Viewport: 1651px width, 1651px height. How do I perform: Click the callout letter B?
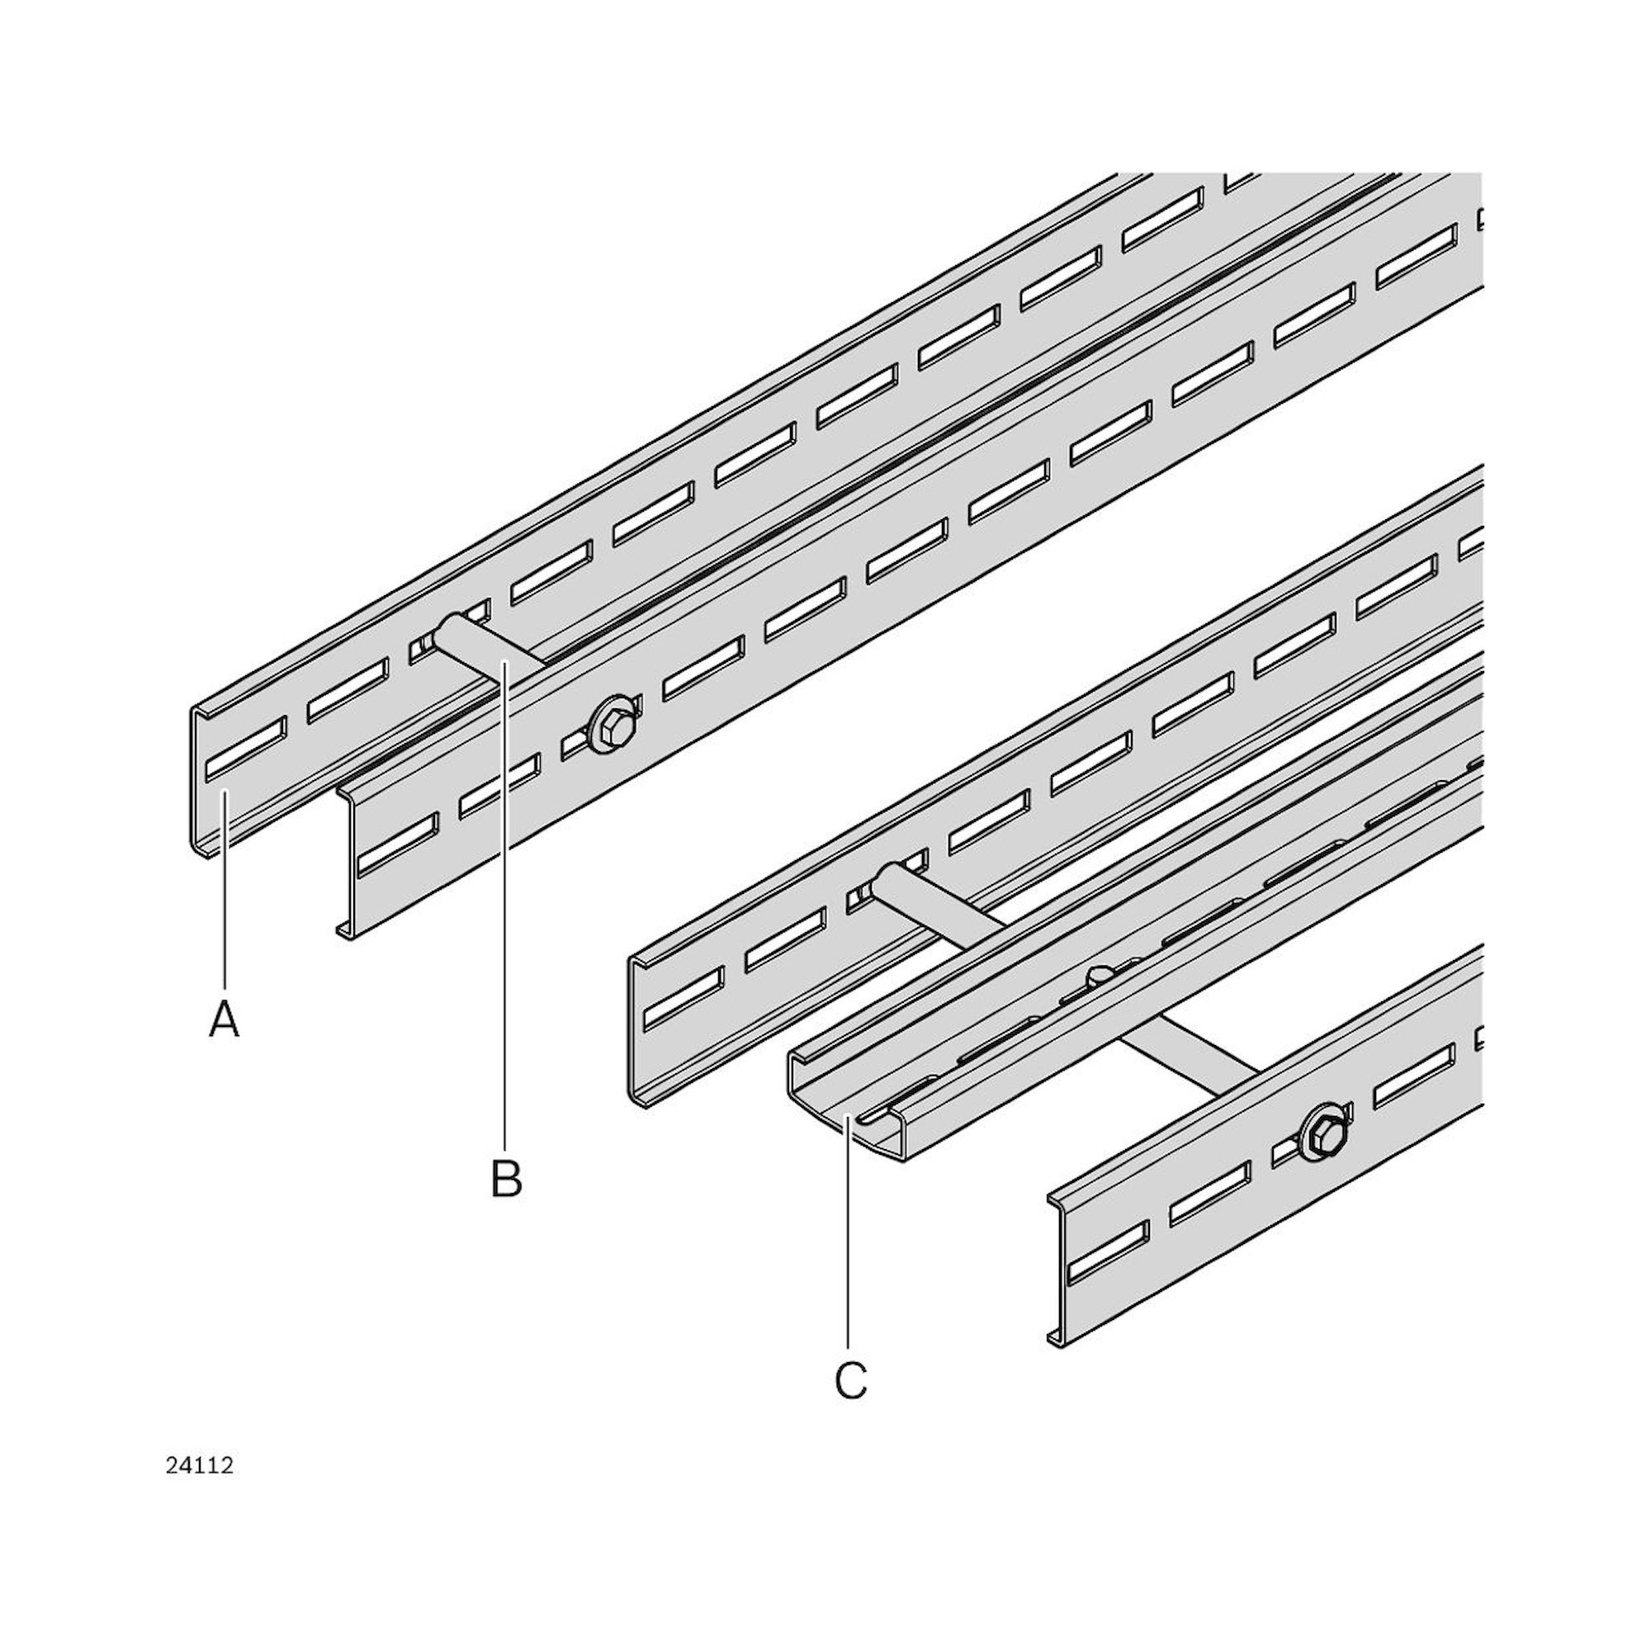coord(506,1179)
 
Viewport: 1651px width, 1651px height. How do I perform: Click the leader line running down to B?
coord(505,906)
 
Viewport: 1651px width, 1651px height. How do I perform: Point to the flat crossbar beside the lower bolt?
coord(1190,1069)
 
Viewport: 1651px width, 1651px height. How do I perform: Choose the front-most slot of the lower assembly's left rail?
coord(684,997)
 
